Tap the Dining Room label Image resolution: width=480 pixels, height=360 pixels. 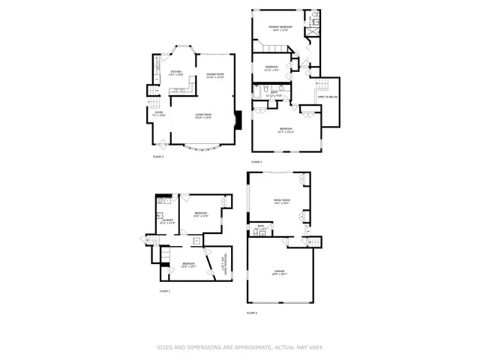coord(215,76)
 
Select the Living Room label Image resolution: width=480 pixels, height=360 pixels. coord(202,115)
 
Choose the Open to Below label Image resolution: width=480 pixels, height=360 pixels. coord(326,97)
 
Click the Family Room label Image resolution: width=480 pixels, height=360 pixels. coord(281,201)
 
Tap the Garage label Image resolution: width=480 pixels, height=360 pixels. coord(279,271)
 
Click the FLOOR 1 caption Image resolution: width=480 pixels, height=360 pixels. coord(165,291)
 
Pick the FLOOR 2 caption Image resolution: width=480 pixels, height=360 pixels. coord(252,312)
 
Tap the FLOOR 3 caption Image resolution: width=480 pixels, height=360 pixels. coord(158,157)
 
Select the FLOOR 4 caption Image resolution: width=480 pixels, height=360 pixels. coord(256,162)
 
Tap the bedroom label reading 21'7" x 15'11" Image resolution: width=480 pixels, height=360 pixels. coord(286,130)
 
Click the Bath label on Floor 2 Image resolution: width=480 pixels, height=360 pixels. coord(261,226)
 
